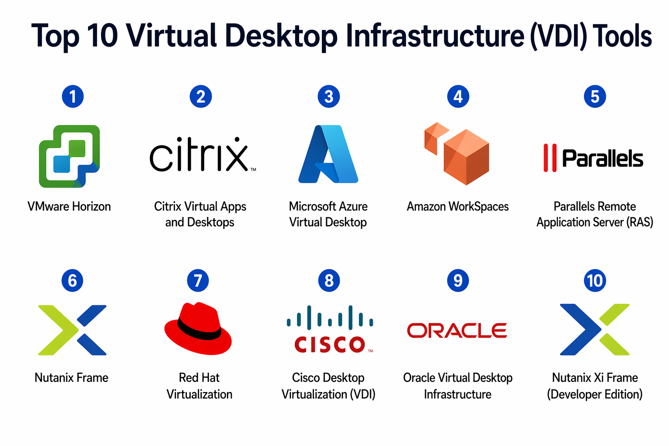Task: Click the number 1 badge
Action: pos(73,96)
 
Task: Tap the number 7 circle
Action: pos(198,280)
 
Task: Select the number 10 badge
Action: pos(595,280)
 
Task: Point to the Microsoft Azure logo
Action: pos(328,154)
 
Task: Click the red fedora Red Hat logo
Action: pos(198,328)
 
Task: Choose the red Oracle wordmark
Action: pos(457,331)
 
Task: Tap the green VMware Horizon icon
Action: pos(70,156)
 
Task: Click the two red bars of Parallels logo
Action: pos(550,158)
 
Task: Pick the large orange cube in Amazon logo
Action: pos(466,157)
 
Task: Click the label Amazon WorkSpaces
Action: pos(457,206)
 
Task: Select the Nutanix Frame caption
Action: pos(71,378)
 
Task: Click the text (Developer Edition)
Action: pos(595,394)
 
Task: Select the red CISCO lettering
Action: pos(330,345)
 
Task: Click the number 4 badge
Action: pos(458,96)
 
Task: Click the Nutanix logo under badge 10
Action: pos(595,330)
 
